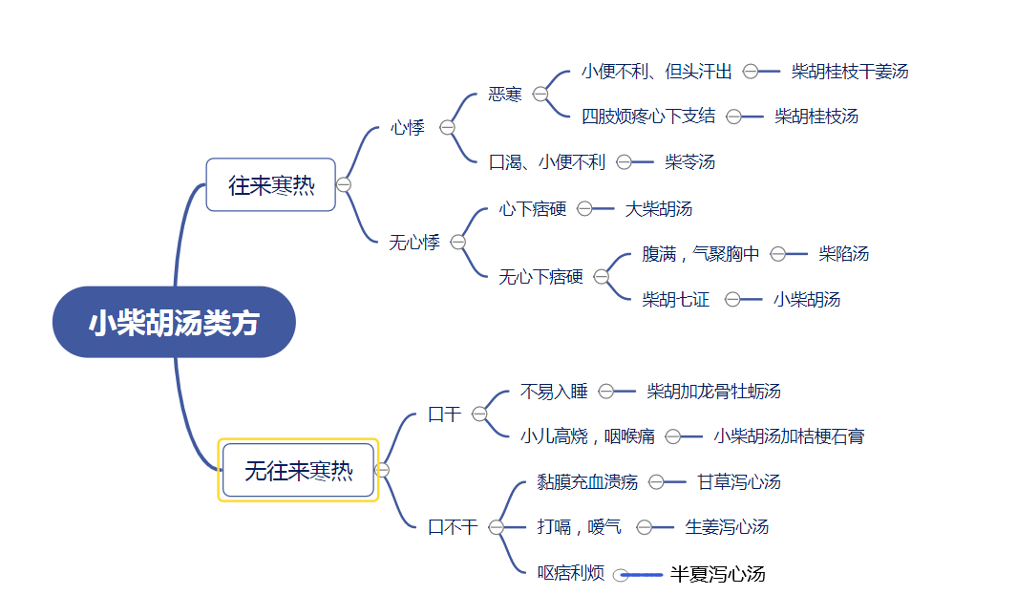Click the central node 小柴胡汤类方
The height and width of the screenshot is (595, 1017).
coord(174,322)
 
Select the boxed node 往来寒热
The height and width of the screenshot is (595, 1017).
coord(270,185)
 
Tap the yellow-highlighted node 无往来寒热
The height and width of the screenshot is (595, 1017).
coord(298,471)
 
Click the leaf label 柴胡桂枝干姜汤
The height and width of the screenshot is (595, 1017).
coord(850,72)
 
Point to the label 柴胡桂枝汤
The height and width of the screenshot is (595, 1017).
coord(816,117)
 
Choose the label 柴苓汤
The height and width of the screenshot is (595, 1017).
coord(689,162)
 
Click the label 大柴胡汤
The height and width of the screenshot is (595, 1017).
coord(658,209)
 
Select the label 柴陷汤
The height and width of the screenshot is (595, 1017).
coord(844,254)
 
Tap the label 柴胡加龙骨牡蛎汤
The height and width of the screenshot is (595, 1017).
coord(713,392)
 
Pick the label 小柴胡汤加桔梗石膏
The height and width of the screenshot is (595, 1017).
coord(790,436)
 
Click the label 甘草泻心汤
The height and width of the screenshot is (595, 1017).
coord(739,482)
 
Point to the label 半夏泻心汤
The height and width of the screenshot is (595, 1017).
coord(718,574)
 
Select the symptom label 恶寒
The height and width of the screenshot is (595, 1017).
coord(505,95)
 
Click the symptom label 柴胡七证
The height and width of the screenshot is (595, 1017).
coord(676,300)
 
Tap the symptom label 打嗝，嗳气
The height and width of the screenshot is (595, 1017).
coord(580,527)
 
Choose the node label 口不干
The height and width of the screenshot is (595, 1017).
coord(453,527)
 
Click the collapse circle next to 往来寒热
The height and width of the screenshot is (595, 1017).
coord(344,185)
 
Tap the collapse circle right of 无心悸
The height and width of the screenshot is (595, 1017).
coord(458,242)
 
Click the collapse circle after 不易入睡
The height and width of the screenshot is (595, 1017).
coord(605,392)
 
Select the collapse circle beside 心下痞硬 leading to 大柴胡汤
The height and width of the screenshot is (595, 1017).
coord(584,209)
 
